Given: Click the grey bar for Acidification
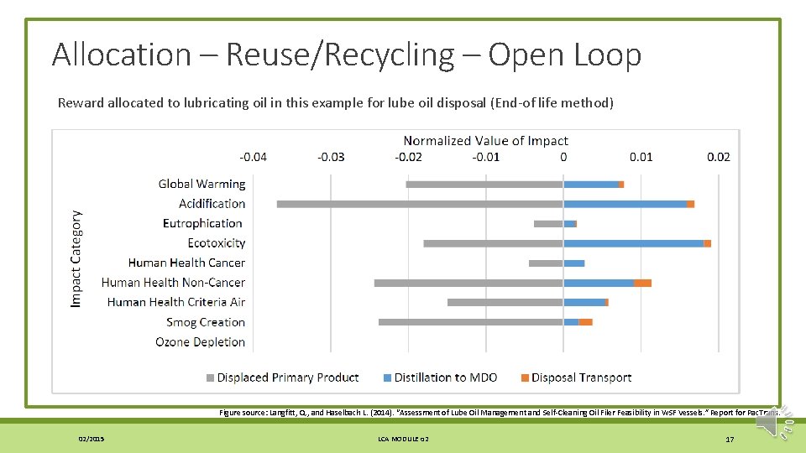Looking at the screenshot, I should (x=420, y=204).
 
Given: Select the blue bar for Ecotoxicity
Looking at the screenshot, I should (x=633, y=243).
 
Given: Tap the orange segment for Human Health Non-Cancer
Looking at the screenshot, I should (x=642, y=283).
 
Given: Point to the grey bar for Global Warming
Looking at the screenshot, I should (x=484, y=185).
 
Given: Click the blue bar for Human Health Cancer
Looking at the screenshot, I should (x=573, y=263).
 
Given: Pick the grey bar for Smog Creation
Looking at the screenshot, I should (x=470, y=322).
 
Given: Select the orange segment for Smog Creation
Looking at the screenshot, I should (x=585, y=322).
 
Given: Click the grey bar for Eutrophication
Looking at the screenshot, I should (x=548, y=224).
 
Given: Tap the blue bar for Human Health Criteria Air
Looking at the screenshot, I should (x=584, y=302).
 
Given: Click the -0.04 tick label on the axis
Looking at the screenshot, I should (x=254, y=157).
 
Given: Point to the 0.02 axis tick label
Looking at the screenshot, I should (x=719, y=157).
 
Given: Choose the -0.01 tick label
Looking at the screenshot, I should (x=486, y=157).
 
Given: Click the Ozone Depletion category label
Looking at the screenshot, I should (x=200, y=342).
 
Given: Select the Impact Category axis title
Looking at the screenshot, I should (x=76, y=258).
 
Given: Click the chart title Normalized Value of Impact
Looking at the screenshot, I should (x=485, y=141).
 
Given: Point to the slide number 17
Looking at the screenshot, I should (x=730, y=440).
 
